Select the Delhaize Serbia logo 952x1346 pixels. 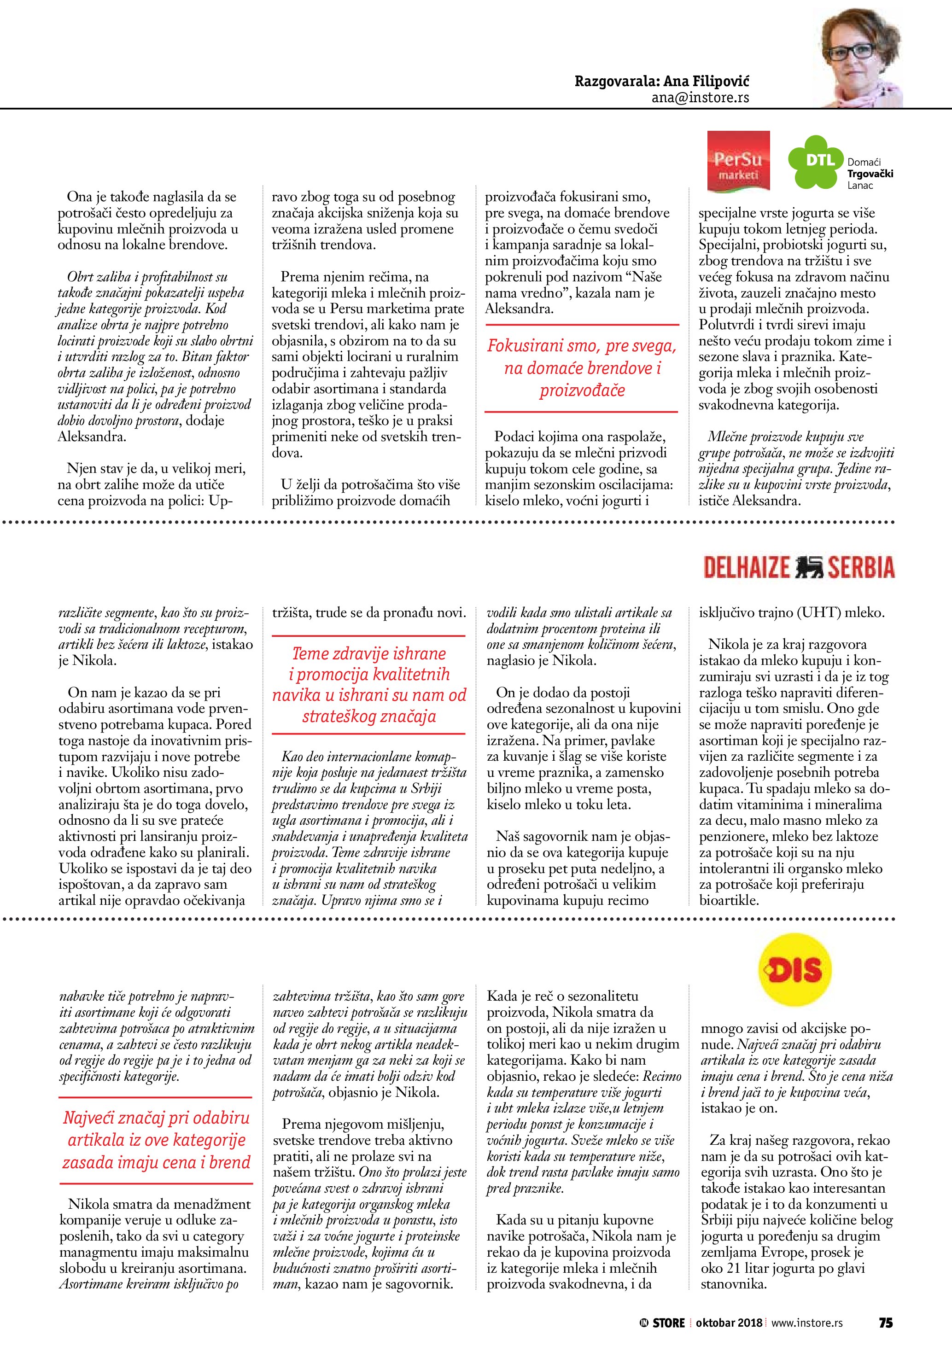point(799,567)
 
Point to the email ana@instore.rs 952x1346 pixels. point(700,98)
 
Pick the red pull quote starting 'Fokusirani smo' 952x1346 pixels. point(582,368)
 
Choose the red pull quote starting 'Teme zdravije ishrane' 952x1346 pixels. point(369,685)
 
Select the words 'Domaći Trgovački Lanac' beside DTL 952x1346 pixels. point(870,174)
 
